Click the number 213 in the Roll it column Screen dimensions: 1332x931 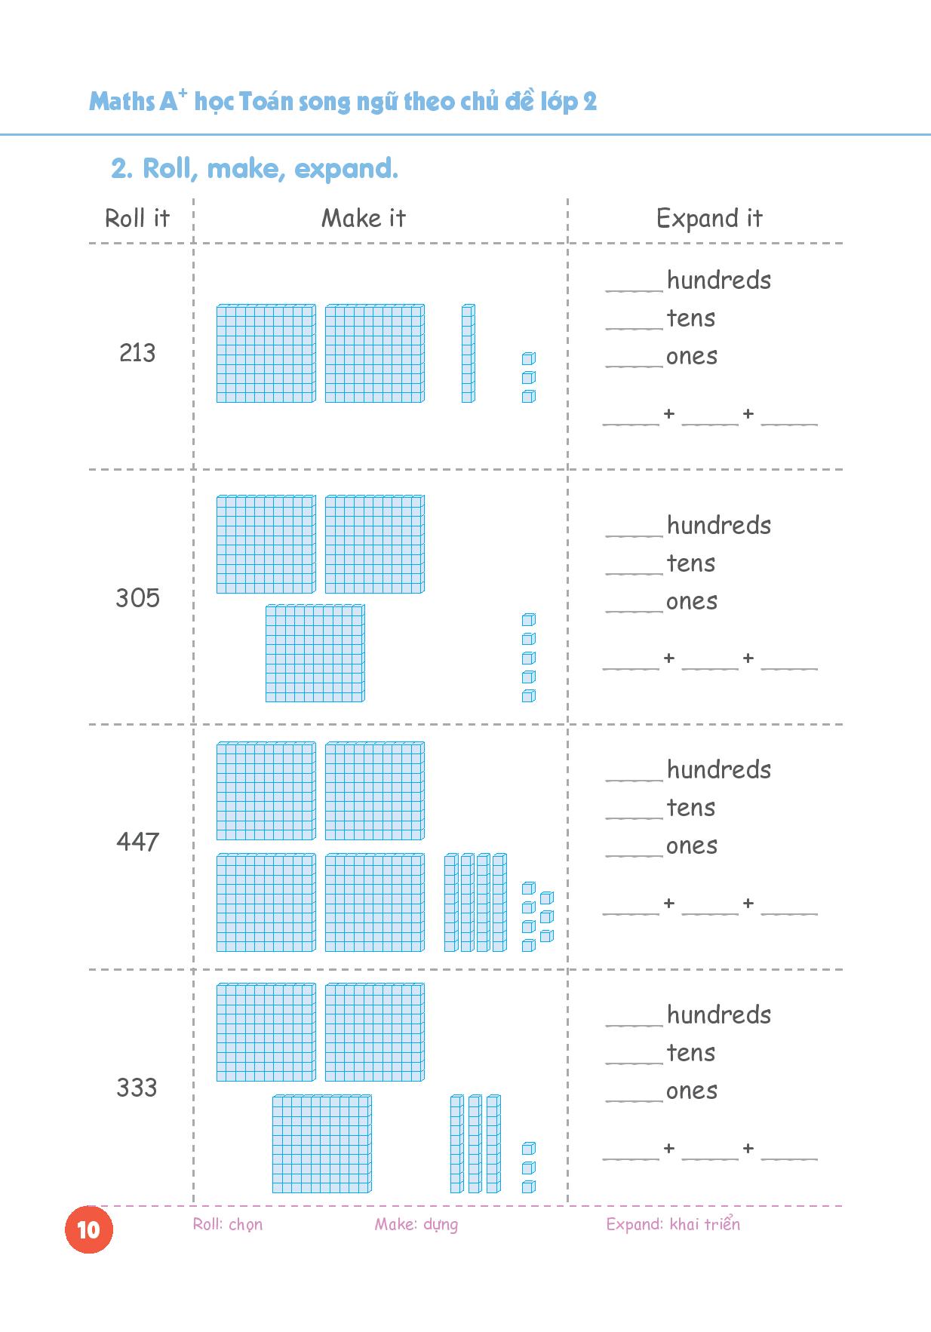pos(137,353)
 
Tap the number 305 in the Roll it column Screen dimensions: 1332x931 pos(137,598)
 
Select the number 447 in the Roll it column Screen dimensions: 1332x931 pos(137,842)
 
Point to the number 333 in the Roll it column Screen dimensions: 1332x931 pos(137,1088)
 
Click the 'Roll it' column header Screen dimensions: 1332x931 pos(137,219)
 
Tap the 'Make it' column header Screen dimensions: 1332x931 pos(364,219)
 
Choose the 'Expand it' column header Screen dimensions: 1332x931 pos(709,219)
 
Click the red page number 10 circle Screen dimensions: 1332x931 pos(88,1229)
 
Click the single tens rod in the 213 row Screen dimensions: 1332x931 pos(469,353)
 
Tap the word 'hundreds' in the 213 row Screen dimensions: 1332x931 pos(718,281)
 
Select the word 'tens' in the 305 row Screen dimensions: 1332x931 pos(690,563)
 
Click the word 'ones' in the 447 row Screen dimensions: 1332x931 pos(691,846)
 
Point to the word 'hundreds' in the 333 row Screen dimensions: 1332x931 pos(718,1015)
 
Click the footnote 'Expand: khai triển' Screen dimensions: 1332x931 pos(673,1224)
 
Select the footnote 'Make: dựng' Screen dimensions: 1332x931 pos(416,1224)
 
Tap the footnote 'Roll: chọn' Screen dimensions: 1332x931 pos(228,1224)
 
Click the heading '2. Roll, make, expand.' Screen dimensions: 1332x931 pos(254,169)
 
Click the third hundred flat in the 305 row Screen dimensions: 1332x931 pos(315,653)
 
